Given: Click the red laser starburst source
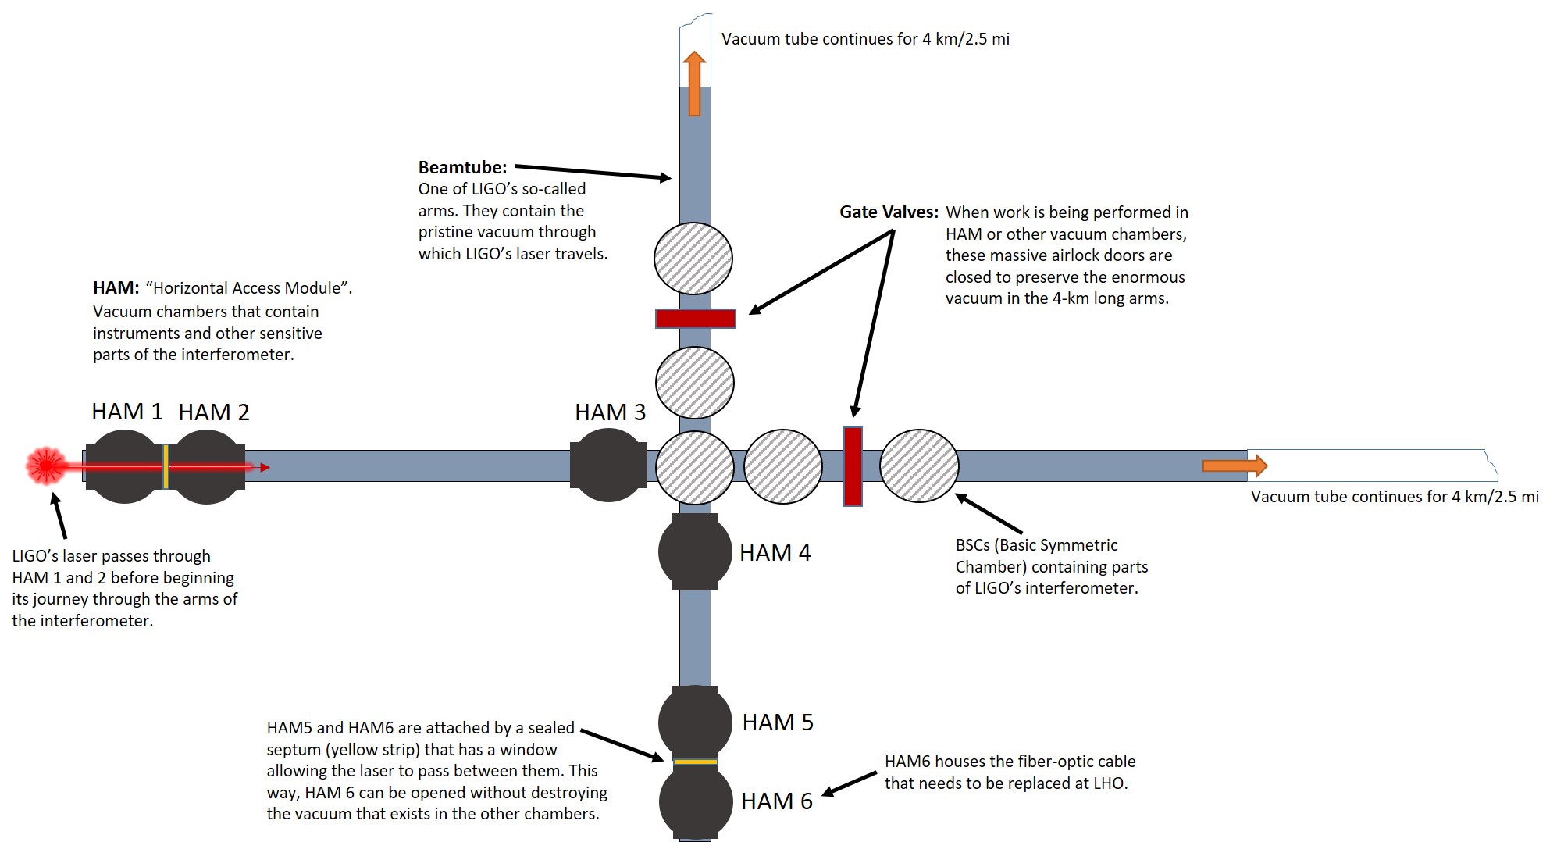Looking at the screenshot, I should click(x=46, y=466).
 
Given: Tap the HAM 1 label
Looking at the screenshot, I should click(x=126, y=412).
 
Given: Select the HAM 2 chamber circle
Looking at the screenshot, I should click(x=206, y=466).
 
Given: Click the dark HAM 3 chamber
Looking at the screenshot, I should click(x=608, y=466).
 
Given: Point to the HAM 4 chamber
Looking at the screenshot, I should click(x=695, y=552).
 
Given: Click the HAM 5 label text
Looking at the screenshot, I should click(x=777, y=722).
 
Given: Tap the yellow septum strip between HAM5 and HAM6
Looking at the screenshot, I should click(x=695, y=762).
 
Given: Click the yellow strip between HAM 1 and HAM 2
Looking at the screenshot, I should click(x=166, y=466).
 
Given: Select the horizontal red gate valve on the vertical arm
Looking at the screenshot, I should click(x=695, y=319).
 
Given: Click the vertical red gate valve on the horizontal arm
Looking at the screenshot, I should click(x=853, y=466).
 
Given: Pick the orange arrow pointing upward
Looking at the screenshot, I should click(x=694, y=84).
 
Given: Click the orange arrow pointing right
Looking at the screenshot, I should click(x=1235, y=466).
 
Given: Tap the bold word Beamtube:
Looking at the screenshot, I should click(x=462, y=167).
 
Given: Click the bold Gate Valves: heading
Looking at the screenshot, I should click(x=889, y=212).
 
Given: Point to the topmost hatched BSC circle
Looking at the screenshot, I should click(x=693, y=259).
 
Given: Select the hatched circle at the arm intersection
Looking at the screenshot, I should click(x=694, y=467).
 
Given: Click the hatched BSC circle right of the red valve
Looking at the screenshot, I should click(x=919, y=466).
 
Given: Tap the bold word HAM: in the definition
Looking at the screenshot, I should click(x=116, y=288).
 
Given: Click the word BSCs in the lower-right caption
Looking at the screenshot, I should click(x=972, y=545).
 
